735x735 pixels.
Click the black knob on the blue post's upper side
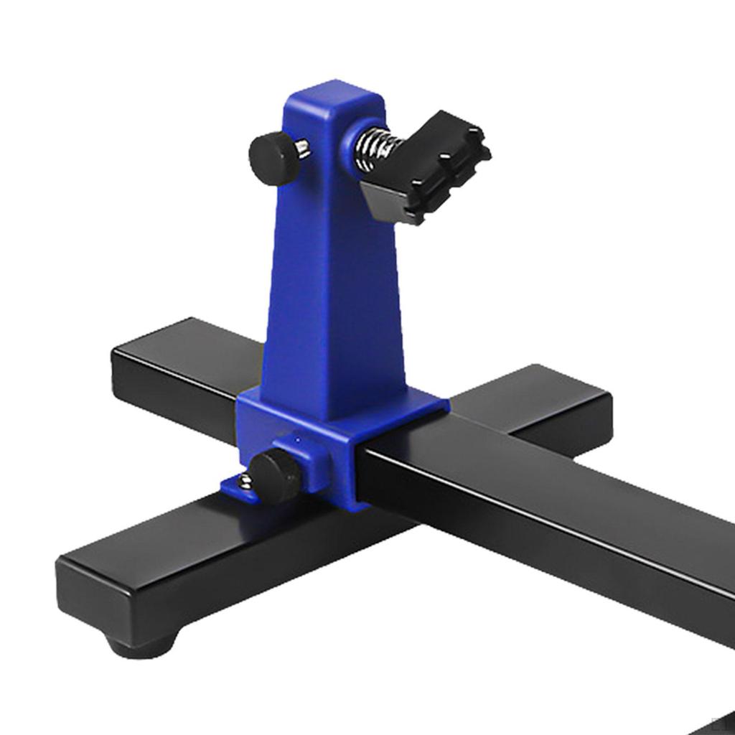pyautogui.click(x=273, y=159)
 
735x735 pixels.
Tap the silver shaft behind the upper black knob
pyautogui.click(x=303, y=149)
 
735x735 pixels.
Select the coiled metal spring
pyautogui.click(x=373, y=149)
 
